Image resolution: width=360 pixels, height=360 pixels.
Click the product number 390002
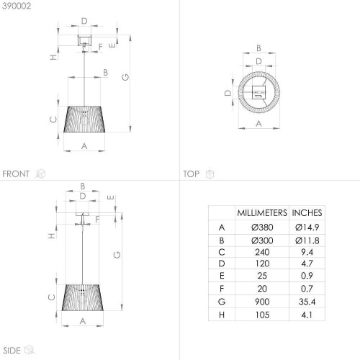click(x=17, y=6)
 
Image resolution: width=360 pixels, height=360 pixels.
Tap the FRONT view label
click(x=16, y=174)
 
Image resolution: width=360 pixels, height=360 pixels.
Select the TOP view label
click(x=192, y=174)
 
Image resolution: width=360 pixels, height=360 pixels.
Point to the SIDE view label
click(x=12, y=351)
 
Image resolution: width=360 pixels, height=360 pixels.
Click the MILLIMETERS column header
click(x=262, y=213)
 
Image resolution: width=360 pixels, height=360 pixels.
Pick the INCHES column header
click(x=307, y=213)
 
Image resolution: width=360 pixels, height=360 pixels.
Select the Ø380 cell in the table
click(x=262, y=227)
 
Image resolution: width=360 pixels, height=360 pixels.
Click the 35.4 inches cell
click(x=307, y=302)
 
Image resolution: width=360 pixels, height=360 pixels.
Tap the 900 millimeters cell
click(x=262, y=302)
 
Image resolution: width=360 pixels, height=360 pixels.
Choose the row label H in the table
click(x=222, y=315)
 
